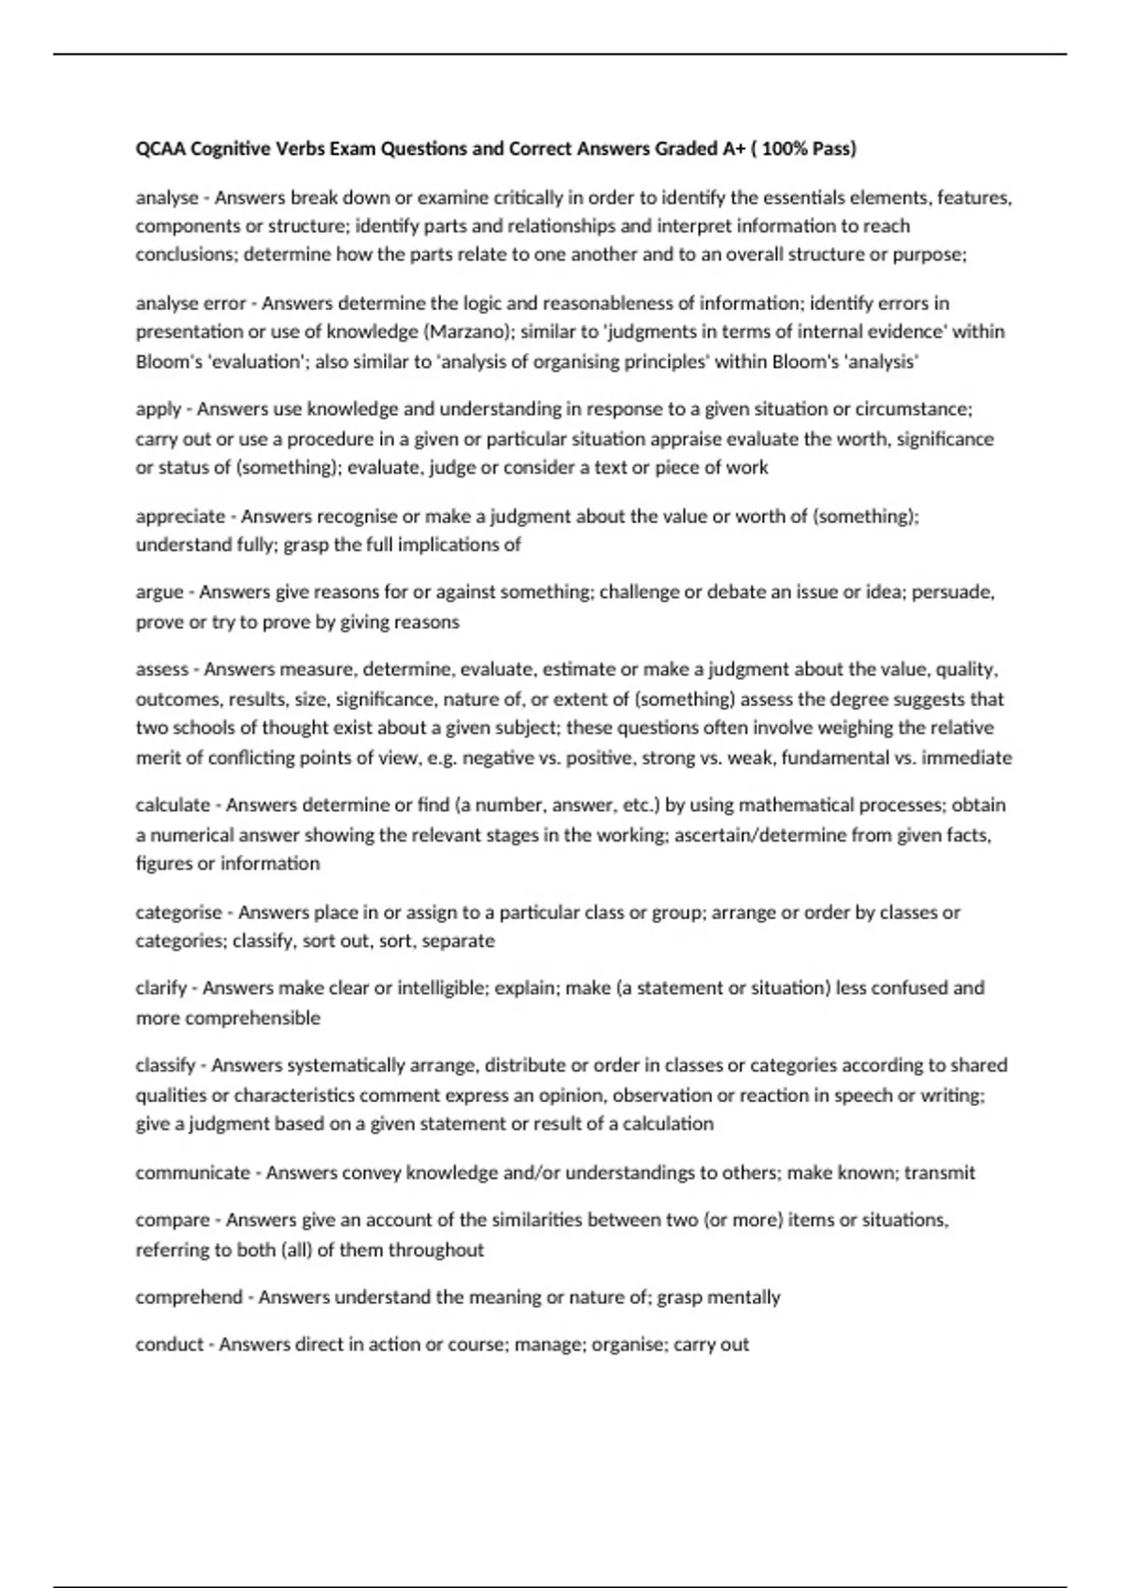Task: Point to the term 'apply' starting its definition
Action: pos(158,409)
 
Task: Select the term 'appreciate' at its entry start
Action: pos(180,517)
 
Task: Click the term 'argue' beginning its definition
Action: pos(159,592)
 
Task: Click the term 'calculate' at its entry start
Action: pos(173,805)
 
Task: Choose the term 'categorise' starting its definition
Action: pos(178,913)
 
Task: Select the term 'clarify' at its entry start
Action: pos(162,988)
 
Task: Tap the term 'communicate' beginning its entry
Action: pos(192,1173)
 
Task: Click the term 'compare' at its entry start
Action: pos(173,1221)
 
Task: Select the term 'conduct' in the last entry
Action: pos(169,1345)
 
